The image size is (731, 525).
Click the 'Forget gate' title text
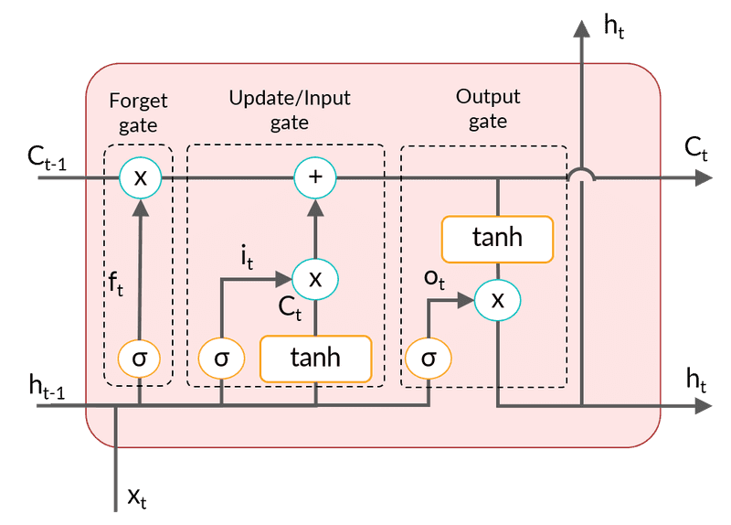point(139,112)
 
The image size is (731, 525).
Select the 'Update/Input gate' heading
point(289,109)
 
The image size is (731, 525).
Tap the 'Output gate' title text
point(487,108)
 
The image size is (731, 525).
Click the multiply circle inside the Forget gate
point(140,177)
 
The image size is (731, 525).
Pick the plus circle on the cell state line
point(315,177)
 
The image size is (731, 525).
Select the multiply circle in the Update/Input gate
point(315,278)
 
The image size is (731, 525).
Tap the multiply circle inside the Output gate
point(497,299)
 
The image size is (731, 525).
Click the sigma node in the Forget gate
point(140,358)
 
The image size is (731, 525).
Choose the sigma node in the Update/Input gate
point(222,358)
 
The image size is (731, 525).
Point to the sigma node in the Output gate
point(428,358)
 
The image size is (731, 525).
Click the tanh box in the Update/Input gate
point(315,358)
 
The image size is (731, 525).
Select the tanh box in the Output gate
point(497,238)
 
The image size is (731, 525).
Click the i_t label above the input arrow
point(247,257)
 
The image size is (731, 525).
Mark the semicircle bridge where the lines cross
point(581,174)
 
